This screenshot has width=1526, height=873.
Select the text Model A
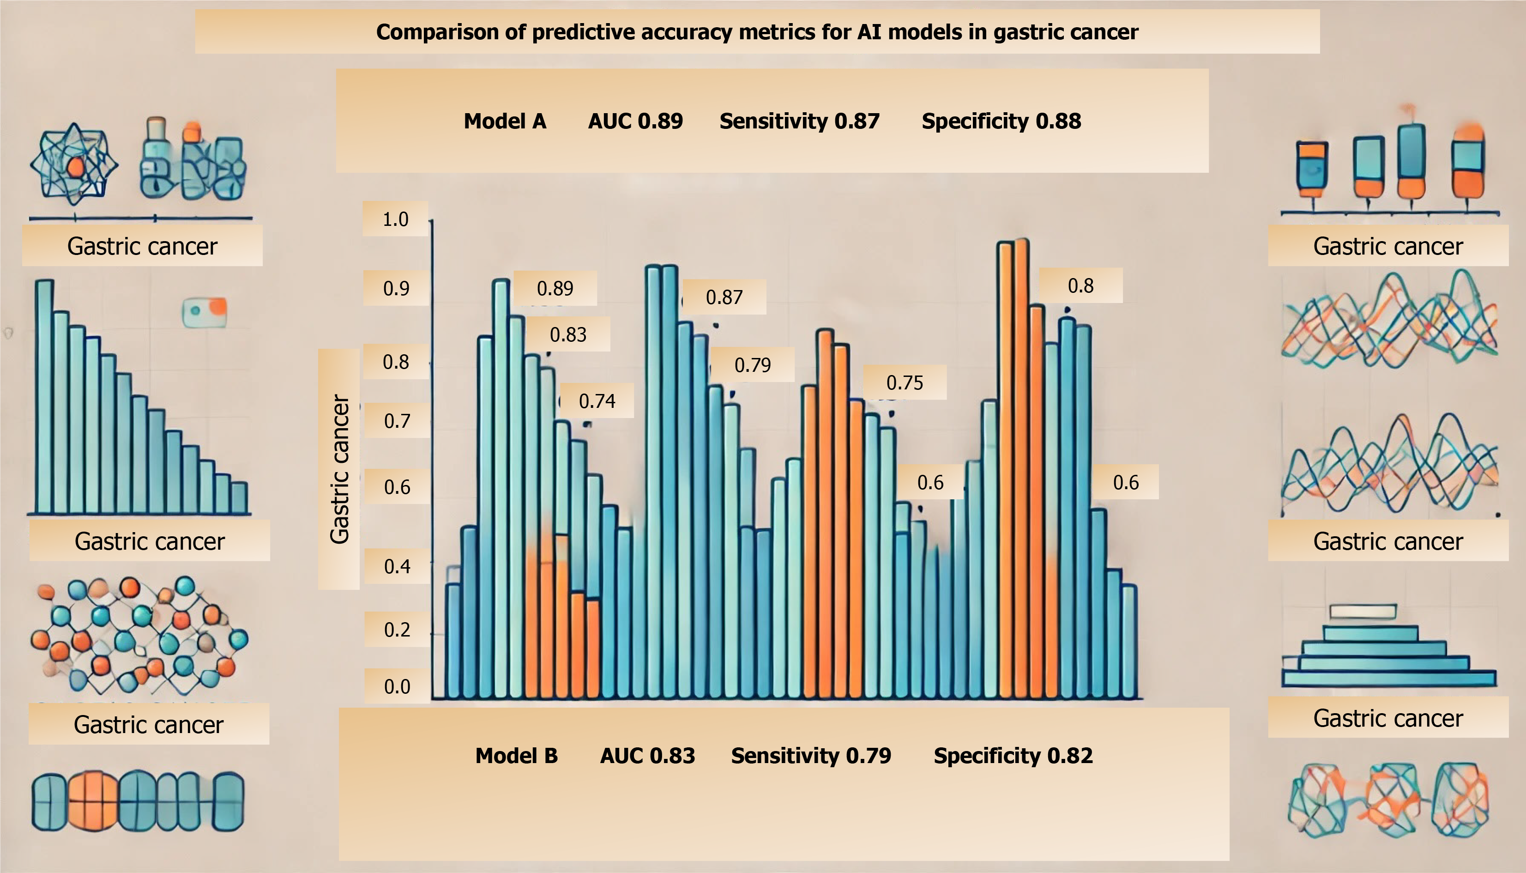[505, 121]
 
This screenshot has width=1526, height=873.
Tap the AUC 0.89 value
[635, 121]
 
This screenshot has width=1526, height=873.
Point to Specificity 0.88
[1001, 121]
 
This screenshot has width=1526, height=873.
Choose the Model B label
[516, 756]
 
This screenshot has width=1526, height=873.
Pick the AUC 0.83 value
[647, 756]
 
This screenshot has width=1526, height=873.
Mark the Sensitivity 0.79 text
[811, 756]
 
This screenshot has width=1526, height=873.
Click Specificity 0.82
[1013, 756]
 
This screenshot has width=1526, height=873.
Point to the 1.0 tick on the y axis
[396, 219]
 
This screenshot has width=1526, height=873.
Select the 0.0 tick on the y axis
[397, 686]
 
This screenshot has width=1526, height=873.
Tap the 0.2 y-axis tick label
[397, 630]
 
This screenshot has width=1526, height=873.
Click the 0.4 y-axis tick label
[397, 567]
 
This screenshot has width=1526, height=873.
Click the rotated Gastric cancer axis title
[339, 469]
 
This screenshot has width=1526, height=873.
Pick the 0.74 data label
[597, 401]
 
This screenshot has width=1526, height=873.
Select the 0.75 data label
[905, 382]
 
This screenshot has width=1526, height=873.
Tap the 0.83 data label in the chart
[567, 334]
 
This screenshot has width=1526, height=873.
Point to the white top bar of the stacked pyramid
[1363, 612]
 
